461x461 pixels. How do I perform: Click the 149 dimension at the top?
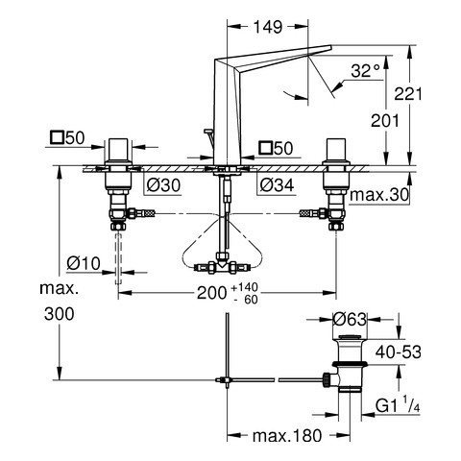click(268, 27)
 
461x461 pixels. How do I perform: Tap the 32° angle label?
click(365, 71)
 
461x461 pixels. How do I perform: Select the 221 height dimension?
click(408, 94)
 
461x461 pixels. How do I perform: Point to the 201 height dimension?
click(385, 121)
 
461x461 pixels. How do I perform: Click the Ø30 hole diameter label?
click(163, 184)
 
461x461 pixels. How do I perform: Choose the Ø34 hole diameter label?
click(277, 184)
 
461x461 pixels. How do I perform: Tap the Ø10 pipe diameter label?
click(84, 263)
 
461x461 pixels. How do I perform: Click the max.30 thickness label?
click(379, 195)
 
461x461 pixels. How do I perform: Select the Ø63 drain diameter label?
click(350, 319)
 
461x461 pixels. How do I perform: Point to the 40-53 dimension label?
click(399, 352)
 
